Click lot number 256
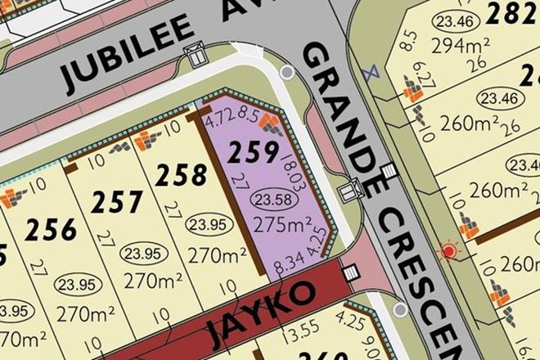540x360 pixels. click(x=51, y=230)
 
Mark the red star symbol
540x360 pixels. click(x=448, y=250)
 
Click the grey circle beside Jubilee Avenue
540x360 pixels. click(x=286, y=73)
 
